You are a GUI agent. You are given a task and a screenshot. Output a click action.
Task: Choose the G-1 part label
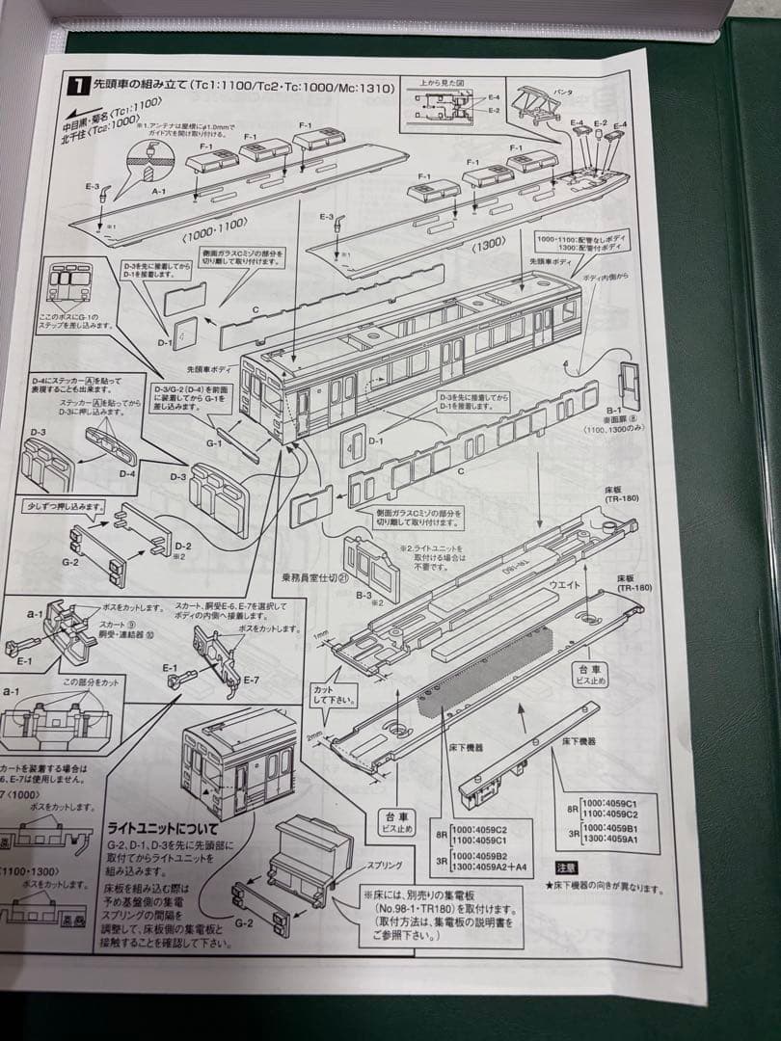pos(214,443)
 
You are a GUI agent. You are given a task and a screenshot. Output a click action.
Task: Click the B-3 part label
pos(364,597)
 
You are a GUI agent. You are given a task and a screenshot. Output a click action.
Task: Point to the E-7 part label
pos(252,681)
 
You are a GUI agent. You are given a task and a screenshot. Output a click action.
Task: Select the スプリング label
pos(382,865)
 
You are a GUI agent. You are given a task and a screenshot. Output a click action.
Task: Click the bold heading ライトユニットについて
pos(163,828)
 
